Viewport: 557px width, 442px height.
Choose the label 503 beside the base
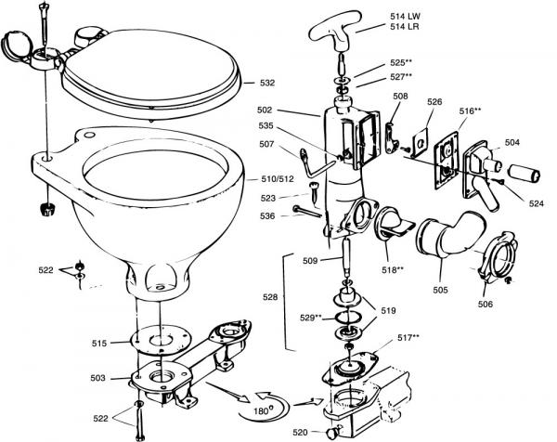tap(97, 378)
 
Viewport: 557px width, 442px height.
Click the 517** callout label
tap(408, 338)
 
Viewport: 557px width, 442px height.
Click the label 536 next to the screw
tap(267, 216)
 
